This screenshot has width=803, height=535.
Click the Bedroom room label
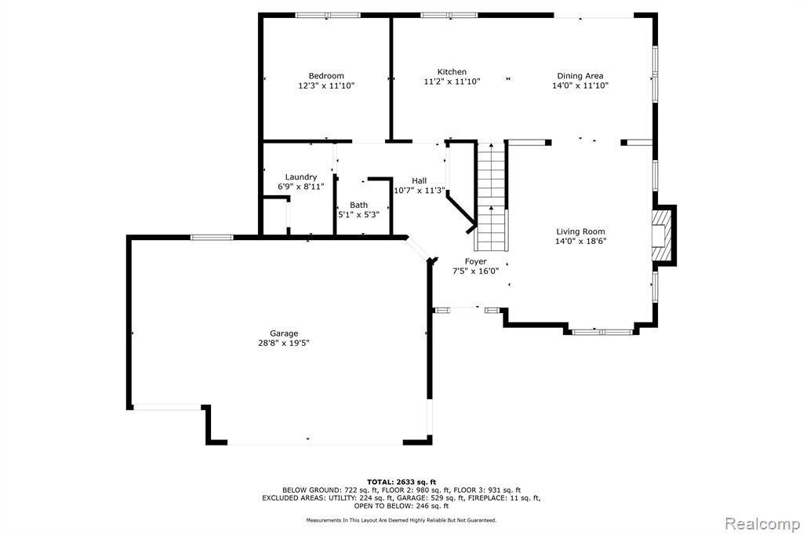[x=326, y=76]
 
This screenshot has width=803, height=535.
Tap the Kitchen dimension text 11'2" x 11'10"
[x=452, y=82]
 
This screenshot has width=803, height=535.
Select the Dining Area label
[x=580, y=76]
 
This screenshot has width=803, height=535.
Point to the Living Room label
[x=581, y=231]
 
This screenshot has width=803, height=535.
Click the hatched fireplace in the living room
[x=659, y=235]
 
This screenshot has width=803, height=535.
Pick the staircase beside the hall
[x=492, y=197]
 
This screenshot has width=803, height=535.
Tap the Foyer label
[x=476, y=262]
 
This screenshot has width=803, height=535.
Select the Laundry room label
[x=301, y=177]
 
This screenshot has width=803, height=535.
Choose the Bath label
[x=358, y=205]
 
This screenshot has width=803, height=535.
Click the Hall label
[x=419, y=181]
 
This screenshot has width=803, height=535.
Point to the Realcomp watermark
[x=762, y=524]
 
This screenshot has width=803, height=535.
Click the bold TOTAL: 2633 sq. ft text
[x=401, y=482]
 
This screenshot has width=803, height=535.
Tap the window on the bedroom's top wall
[x=328, y=16]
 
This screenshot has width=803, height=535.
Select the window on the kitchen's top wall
[x=449, y=16]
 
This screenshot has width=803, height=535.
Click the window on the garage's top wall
[x=212, y=237]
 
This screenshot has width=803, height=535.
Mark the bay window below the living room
[x=602, y=332]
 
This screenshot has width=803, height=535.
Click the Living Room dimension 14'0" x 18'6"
[x=581, y=242]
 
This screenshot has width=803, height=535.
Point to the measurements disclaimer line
[x=401, y=521]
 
